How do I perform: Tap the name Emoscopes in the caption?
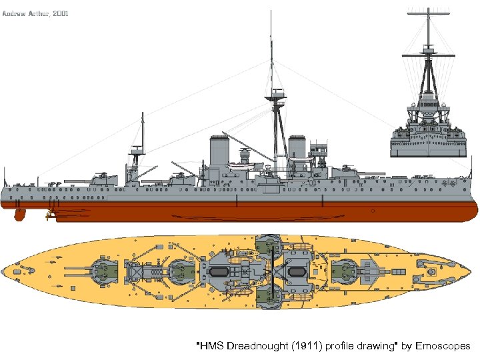pyautogui.click(x=443, y=346)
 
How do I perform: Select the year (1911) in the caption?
pyautogui.click(x=301, y=346)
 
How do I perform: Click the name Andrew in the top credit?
pyautogui.click(x=15, y=13)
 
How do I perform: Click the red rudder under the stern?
pyautogui.click(x=20, y=215)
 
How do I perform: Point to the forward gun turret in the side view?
pyautogui.click(x=347, y=171)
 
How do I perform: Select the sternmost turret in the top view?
pyautogui.click(x=103, y=272)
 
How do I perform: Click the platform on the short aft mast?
pyautogui.click(x=137, y=151)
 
